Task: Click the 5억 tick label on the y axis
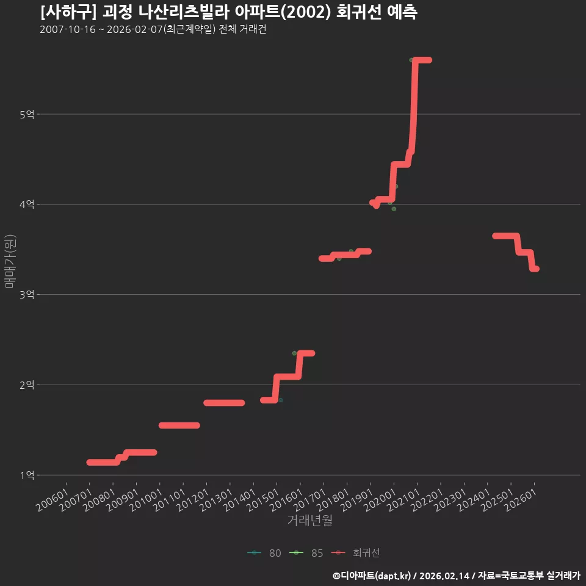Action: pyautogui.click(x=27, y=114)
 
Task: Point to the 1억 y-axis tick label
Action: pyautogui.click(x=27, y=476)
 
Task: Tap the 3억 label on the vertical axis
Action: pyautogui.click(x=27, y=295)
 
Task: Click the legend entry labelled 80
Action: pyautogui.click(x=264, y=553)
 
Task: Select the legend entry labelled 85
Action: pyautogui.click(x=306, y=553)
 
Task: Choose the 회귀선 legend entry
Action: pyautogui.click(x=356, y=553)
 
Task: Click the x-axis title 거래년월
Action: pyautogui.click(x=310, y=520)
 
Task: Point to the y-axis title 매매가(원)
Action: pyautogui.click(x=10, y=261)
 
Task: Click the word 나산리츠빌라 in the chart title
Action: pyautogui.click(x=184, y=12)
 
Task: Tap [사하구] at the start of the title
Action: pyautogui.click(x=68, y=12)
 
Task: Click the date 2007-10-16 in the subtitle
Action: pyautogui.click(x=68, y=29)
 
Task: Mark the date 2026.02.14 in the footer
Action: pyautogui.click(x=444, y=576)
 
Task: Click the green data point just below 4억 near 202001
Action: pyautogui.click(x=394, y=209)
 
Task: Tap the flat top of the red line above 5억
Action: pyautogui.click(x=422, y=60)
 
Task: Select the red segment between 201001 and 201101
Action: pyautogui.click(x=179, y=425)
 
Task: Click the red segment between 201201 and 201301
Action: pyautogui.click(x=224, y=403)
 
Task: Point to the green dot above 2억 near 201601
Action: pyautogui.click(x=294, y=353)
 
